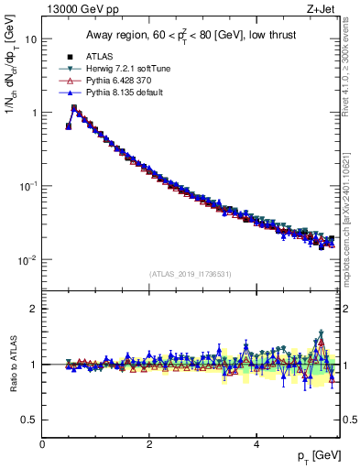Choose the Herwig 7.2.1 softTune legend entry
point(125,68)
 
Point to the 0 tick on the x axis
point(42,443)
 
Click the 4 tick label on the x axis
point(256,443)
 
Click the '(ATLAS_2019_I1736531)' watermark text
point(190,274)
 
